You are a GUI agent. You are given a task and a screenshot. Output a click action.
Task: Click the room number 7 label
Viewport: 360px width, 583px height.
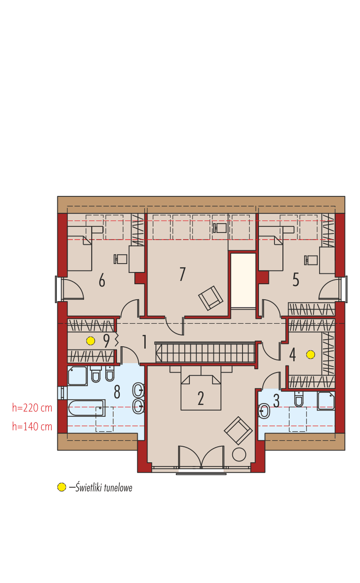tap(182, 274)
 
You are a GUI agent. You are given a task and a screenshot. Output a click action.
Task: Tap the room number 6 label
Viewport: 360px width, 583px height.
tap(102, 280)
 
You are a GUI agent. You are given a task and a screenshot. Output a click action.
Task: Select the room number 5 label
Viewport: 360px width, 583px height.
tap(296, 280)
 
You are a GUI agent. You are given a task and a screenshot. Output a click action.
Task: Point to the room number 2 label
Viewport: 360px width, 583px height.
tap(201, 398)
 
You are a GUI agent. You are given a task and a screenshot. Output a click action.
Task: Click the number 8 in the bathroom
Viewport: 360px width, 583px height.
tap(117, 391)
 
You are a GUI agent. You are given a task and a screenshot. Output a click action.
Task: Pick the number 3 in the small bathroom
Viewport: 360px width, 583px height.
tap(276, 401)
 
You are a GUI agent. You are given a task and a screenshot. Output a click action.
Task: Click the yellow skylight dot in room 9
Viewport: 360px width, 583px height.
tap(91, 341)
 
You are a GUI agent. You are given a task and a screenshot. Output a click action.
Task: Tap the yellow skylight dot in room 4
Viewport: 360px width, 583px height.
tap(310, 355)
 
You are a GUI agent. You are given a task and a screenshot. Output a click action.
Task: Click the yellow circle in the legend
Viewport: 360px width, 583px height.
tap(62, 487)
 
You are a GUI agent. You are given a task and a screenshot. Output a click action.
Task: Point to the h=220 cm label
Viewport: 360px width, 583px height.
tap(32, 408)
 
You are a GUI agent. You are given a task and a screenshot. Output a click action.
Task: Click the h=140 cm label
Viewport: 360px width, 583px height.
tap(32, 427)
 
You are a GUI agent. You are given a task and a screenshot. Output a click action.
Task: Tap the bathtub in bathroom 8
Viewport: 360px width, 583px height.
tap(86, 408)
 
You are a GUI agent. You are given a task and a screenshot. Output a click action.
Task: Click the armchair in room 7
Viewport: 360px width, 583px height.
tap(211, 298)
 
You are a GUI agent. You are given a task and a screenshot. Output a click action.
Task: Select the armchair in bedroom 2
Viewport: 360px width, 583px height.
tap(238, 430)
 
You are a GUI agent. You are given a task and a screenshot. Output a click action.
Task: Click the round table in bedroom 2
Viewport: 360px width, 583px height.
tap(239, 455)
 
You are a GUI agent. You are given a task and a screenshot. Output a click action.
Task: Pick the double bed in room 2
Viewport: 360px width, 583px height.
tap(201, 392)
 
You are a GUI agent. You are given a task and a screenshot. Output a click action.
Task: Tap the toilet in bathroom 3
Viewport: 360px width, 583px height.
tap(299, 399)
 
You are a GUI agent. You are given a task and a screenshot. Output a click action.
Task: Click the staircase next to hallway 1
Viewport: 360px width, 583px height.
tap(205, 352)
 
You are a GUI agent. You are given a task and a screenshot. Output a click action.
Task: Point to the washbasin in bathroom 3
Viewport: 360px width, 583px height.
tap(264, 412)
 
